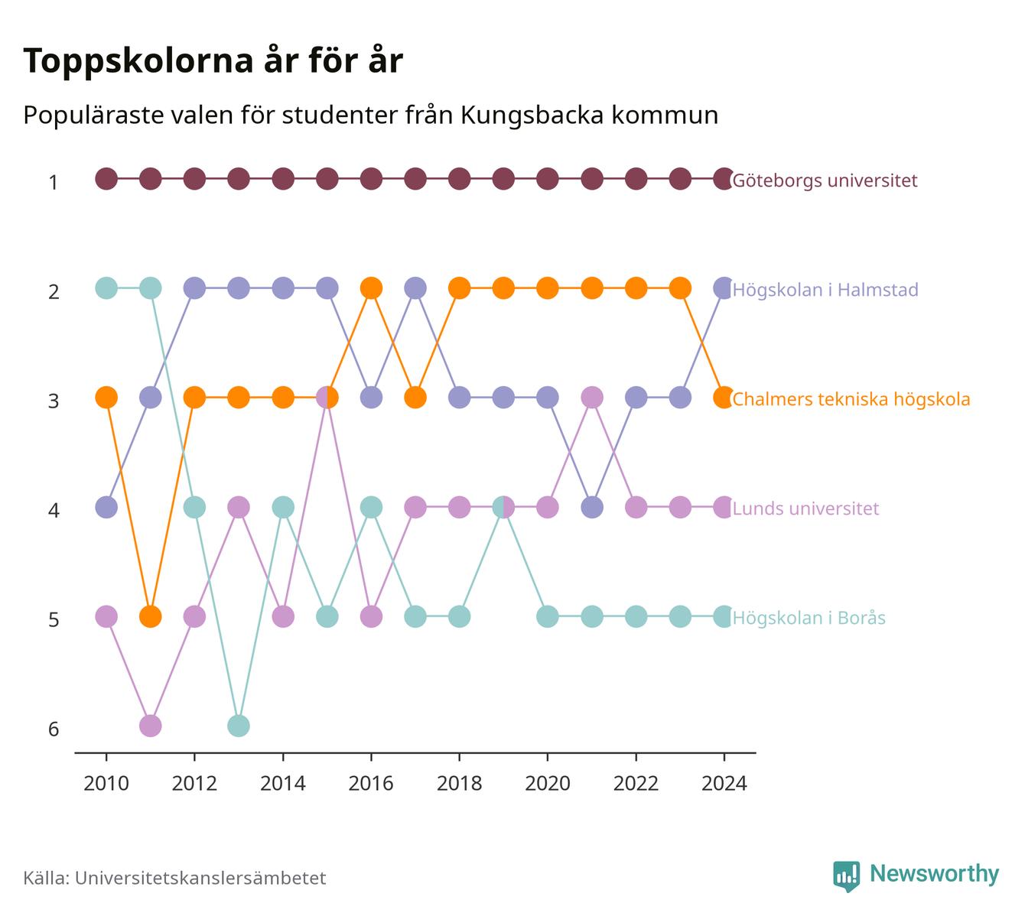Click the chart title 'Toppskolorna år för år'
(213, 61)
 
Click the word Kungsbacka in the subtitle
(532, 115)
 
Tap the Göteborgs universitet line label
(825, 180)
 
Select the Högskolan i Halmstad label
(825, 290)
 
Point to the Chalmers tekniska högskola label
(851, 399)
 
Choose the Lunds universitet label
(805, 508)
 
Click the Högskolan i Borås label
(809, 618)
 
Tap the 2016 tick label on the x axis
(371, 784)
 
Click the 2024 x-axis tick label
(724, 784)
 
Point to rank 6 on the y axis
(54, 729)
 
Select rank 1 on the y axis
(54, 182)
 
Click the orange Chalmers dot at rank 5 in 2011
(150, 616)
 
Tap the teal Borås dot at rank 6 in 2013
(239, 726)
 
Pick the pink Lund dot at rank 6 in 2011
(150, 726)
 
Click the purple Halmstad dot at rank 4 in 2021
(592, 507)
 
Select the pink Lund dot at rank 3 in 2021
(592, 398)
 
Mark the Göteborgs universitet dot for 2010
(106, 179)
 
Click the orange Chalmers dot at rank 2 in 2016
(371, 288)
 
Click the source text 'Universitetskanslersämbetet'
(200, 878)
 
